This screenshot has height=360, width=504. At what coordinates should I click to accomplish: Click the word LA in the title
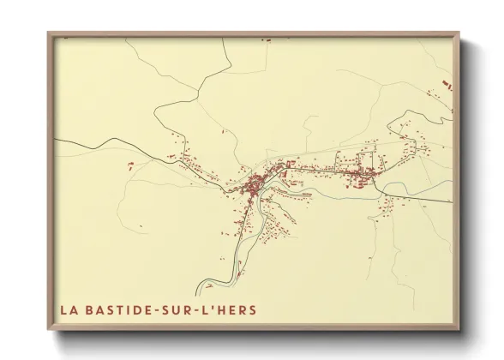coord(69,309)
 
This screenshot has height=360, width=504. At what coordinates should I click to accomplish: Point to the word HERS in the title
coord(237,309)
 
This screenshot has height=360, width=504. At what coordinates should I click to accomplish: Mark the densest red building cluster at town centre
coord(255,185)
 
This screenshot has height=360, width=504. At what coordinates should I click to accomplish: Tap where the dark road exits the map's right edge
coord(450,201)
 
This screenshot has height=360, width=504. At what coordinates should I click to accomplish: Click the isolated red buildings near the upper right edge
coord(445,84)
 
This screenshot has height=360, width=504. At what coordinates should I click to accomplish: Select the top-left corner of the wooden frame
coord(49,33)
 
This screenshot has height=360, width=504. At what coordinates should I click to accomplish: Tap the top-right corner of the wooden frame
coord(459,33)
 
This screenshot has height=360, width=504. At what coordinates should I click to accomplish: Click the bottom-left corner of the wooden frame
coord(49,329)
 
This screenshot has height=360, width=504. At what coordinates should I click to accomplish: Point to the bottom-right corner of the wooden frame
coord(459,329)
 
